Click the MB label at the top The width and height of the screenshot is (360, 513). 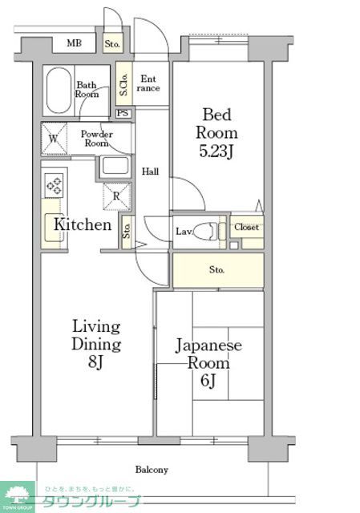coord(74,43)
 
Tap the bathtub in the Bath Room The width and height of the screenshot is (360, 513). coord(57,91)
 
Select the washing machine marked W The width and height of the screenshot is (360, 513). coord(54,137)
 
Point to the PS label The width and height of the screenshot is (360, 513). coord(123,113)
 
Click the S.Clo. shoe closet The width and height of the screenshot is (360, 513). coord(124,83)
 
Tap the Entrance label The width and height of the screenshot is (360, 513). coord(149,83)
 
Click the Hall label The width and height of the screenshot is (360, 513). coord(150,172)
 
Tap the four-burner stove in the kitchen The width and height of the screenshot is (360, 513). coord(55,186)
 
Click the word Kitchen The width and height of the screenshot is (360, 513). coord(82,224)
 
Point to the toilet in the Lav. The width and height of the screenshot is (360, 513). coord(209,231)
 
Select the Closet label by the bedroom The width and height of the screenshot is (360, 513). coord(246,228)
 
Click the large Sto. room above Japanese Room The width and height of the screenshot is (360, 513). coord(217,270)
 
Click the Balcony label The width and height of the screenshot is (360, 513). coord(151,470)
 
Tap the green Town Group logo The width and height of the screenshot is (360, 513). coord(18,496)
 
